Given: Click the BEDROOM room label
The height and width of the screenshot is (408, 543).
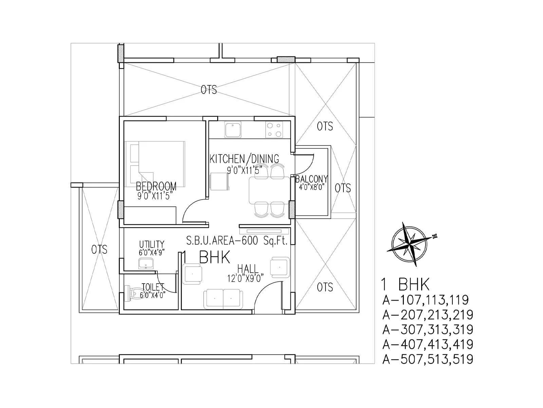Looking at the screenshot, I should (x=156, y=186).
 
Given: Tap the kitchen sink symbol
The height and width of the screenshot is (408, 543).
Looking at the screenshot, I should (x=233, y=130).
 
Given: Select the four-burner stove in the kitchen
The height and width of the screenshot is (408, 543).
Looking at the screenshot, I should (x=274, y=130).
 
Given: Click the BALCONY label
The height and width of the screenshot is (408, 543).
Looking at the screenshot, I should (x=312, y=179).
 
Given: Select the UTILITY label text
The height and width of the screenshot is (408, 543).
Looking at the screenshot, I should (x=152, y=244).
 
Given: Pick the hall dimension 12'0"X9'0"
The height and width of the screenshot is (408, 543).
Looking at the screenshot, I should (x=246, y=279).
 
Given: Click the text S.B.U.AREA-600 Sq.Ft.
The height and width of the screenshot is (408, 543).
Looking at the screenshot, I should (x=237, y=241).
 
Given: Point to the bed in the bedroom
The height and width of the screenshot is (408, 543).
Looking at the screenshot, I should (x=155, y=164).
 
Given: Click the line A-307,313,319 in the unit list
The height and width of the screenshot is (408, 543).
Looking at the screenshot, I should (x=428, y=329).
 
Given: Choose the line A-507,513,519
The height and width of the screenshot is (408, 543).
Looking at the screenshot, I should (x=428, y=359).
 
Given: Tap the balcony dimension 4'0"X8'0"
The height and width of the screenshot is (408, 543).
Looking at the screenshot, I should (x=312, y=187).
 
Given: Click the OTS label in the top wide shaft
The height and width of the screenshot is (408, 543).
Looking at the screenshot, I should (x=208, y=90).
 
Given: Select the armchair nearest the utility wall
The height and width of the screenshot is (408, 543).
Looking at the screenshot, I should (x=192, y=274).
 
